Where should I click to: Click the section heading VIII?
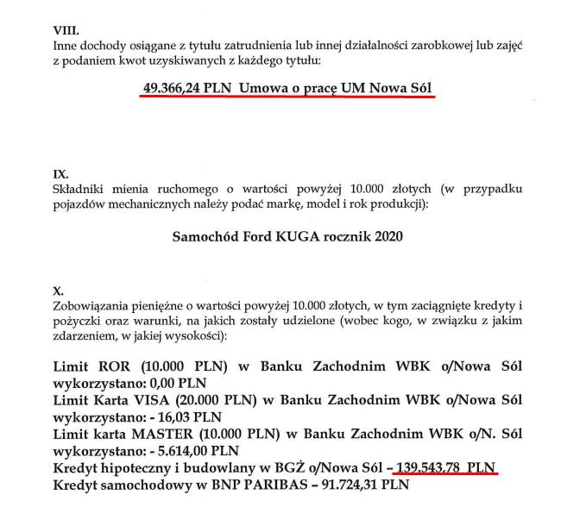tap(66, 29)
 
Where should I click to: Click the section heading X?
tap(58, 291)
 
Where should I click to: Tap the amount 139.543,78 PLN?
tap(445, 466)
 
